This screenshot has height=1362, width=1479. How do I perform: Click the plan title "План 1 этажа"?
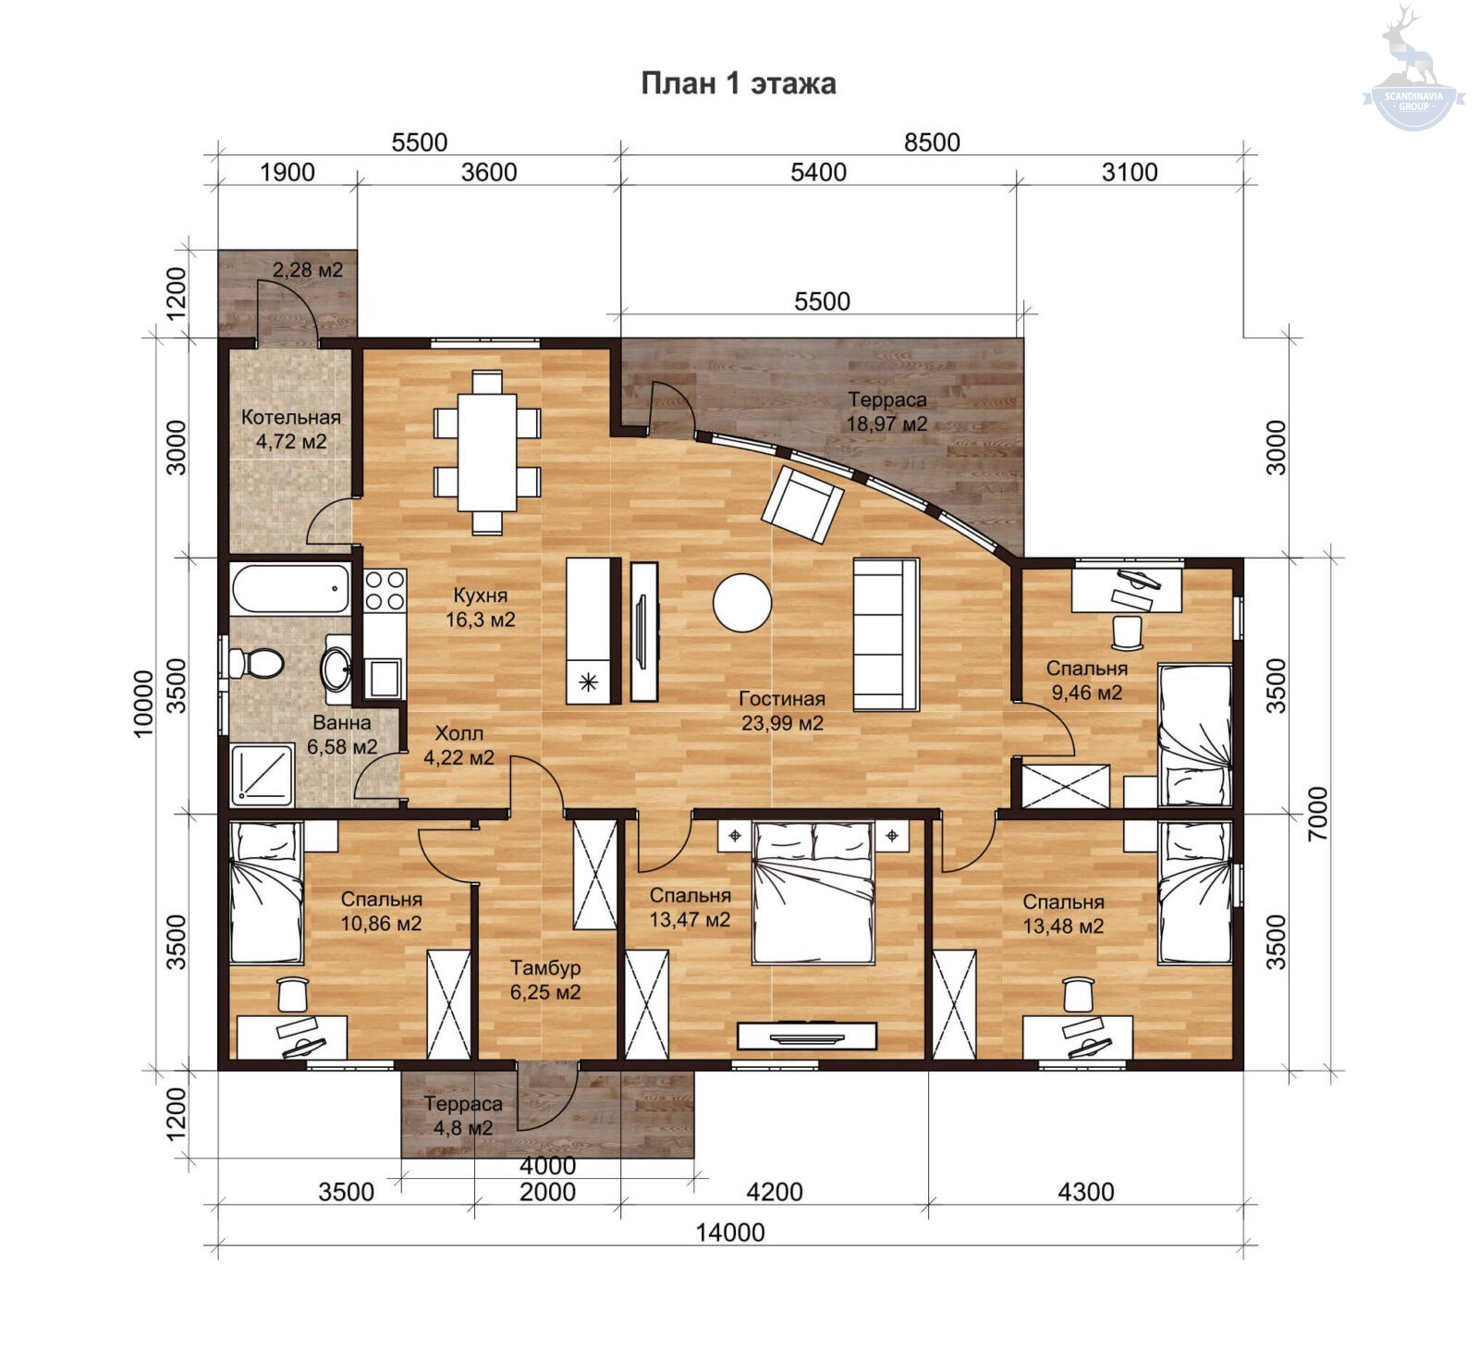tap(739, 83)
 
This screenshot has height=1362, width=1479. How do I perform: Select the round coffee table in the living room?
tap(741, 603)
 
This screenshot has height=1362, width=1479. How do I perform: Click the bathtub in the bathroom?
tap(290, 590)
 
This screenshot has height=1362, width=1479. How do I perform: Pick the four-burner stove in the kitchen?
tap(385, 590)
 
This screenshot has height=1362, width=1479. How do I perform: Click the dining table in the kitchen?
tap(487, 451)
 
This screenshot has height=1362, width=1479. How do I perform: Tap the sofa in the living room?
tap(886, 634)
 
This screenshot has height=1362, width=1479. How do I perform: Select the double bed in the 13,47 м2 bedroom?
tap(813, 892)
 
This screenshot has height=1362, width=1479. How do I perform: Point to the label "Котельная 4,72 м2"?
tap(291, 429)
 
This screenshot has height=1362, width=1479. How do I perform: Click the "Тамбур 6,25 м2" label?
tap(545, 980)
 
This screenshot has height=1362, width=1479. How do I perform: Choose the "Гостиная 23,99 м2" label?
tap(782, 711)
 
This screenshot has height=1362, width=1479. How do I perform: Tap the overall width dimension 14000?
tap(730, 1233)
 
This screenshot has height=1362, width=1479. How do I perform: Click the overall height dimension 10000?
tap(143, 703)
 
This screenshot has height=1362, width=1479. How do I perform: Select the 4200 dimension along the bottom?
tap(775, 1192)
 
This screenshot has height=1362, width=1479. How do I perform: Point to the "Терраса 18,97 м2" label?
tap(887, 412)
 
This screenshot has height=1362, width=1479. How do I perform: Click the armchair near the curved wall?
tap(802, 504)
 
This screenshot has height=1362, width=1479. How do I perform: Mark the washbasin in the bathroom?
tap(336, 664)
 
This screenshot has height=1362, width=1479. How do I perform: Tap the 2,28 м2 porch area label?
tap(308, 270)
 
